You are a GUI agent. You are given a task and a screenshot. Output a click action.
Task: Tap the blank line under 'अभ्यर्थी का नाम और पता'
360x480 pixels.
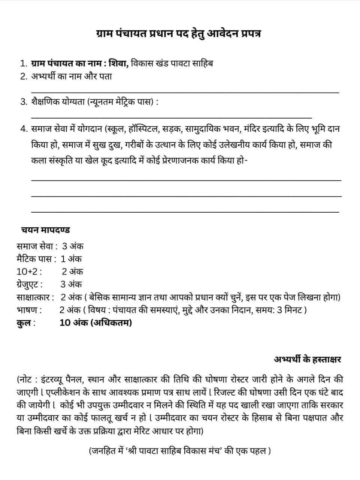(185, 92)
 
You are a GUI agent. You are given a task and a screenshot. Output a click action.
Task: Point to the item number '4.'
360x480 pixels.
(24, 129)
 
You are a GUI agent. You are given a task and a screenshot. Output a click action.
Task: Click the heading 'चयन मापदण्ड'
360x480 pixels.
(45, 230)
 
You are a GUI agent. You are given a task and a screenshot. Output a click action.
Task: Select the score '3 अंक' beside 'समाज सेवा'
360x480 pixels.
(73, 246)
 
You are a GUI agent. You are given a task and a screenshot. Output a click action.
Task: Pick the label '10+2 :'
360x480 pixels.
(29, 271)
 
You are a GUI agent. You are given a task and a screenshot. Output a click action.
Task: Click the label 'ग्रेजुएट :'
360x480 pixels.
(30, 284)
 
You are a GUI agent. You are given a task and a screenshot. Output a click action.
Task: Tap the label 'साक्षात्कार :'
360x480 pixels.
(35, 297)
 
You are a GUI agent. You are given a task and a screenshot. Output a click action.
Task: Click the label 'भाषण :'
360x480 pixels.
(29, 310)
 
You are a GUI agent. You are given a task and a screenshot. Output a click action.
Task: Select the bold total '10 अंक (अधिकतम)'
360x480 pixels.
(96, 323)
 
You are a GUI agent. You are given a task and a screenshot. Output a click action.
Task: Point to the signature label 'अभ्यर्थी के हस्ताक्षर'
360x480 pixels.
(307, 359)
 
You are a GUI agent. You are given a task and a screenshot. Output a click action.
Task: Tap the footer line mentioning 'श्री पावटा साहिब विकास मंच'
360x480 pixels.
(180, 450)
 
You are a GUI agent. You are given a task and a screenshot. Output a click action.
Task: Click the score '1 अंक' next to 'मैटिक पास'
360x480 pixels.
(71, 259)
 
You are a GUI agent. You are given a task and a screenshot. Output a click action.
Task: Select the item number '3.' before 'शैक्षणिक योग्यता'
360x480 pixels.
(24, 102)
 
